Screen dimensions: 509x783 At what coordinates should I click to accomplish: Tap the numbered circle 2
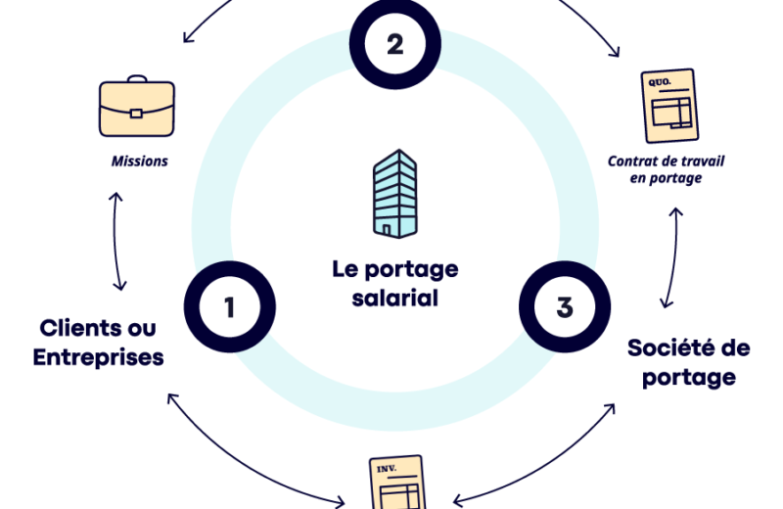click(x=395, y=43)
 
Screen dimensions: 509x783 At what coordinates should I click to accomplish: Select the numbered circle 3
click(x=564, y=307)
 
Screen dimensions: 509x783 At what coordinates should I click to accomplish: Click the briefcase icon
click(x=137, y=107)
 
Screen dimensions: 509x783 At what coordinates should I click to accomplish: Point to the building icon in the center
click(x=393, y=193)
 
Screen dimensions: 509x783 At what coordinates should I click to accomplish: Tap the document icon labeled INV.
click(x=396, y=483)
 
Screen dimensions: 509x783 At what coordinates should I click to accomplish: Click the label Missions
click(x=138, y=161)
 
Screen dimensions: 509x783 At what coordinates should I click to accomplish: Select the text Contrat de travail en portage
click(x=666, y=169)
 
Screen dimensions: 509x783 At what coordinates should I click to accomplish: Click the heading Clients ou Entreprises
click(x=98, y=343)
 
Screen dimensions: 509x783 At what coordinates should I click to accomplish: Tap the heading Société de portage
click(x=688, y=361)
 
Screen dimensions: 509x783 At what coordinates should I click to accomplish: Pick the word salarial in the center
click(x=394, y=297)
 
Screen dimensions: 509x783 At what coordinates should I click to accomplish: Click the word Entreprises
click(x=98, y=357)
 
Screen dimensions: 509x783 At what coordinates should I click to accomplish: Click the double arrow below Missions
click(x=118, y=241)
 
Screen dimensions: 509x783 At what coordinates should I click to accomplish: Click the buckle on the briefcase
click(x=136, y=113)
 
